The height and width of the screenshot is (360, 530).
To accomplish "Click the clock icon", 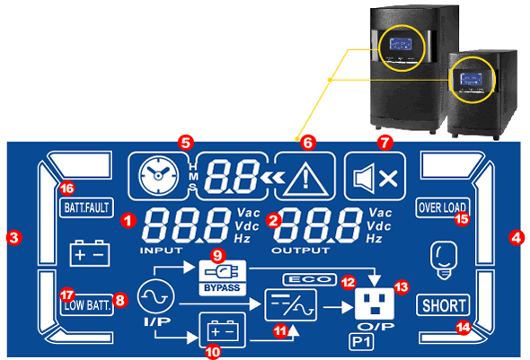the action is point(158,176).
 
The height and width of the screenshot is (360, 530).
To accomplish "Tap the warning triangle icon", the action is point(305,179).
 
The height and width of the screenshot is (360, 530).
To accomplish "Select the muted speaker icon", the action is point(375,178).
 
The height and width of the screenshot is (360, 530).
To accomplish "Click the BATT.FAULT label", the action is point(86,207).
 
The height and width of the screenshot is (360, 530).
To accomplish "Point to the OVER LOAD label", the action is point(443,207).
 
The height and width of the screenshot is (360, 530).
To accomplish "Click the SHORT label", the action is point(444,305).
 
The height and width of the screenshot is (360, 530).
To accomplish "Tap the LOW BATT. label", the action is point(87,305).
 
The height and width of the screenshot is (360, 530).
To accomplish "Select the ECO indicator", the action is point(310,279).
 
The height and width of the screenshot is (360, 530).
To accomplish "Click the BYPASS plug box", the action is point(223,277).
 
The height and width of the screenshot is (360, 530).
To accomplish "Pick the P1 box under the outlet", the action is point(361,341).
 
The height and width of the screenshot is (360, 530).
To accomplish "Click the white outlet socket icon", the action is point(375,304).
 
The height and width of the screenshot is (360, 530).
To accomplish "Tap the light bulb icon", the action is point(443,260).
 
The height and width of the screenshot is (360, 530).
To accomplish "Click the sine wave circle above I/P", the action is point(155,297).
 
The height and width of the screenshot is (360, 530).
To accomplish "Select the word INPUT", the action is point(161,250).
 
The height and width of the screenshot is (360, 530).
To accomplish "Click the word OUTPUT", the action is point(301,250).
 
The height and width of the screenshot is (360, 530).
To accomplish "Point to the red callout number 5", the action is point(186,143).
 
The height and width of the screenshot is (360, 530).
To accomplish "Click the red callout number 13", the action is point(402,287).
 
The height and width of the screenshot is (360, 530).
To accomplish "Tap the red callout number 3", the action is point(13,237).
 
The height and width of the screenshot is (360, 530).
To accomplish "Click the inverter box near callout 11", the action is point(291,304).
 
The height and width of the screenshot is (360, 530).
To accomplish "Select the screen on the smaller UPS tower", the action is point(472,80).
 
